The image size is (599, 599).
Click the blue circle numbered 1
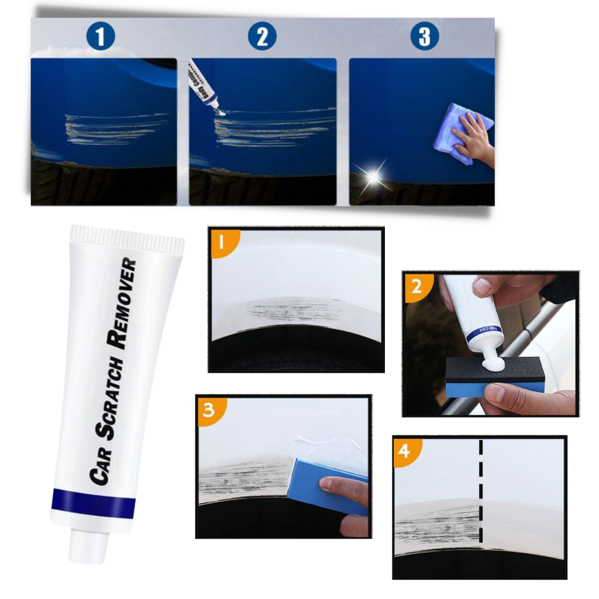(x=101, y=36)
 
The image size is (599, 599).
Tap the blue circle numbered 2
(x=261, y=36)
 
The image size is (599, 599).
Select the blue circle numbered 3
(x=424, y=36)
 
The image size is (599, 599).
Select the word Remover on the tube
(x=126, y=305)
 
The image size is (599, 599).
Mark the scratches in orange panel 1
(x=292, y=309)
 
